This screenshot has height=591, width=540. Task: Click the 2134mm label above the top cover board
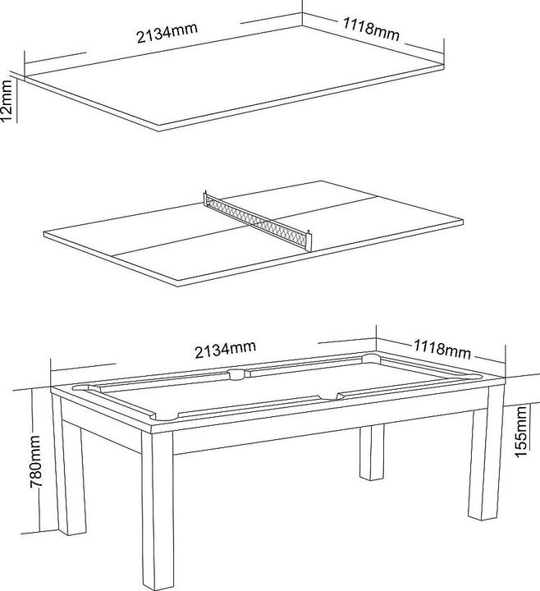[167, 33]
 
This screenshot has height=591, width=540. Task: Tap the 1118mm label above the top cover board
[371, 30]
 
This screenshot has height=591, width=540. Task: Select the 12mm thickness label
[8, 101]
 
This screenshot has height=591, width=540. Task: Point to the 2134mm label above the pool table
[226, 350]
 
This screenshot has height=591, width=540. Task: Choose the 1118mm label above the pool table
[442, 350]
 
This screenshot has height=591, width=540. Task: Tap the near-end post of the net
[309, 241]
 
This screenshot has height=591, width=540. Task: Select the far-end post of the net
[205, 199]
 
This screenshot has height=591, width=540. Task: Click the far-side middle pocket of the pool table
[237, 374]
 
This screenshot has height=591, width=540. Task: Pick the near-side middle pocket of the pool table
[328, 397]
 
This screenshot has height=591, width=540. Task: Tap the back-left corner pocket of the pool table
[82, 387]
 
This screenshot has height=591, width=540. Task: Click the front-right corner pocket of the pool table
[473, 378]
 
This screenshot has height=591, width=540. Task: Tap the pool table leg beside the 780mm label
[69, 467]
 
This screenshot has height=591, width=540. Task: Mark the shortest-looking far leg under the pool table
[372, 451]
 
